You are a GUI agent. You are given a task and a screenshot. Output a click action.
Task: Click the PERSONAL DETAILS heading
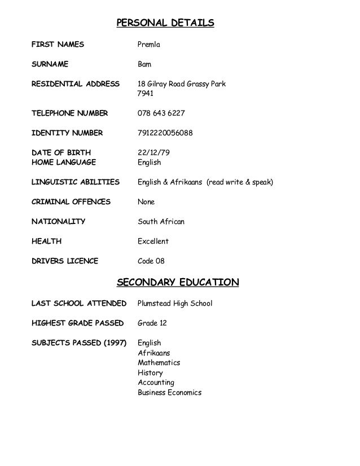165,23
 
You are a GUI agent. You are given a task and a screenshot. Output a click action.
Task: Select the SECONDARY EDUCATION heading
178,282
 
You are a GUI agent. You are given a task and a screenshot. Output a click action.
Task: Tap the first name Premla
151,43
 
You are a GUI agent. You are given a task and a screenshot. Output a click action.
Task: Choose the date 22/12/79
152,153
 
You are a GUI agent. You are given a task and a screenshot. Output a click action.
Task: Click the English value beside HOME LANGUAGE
150,162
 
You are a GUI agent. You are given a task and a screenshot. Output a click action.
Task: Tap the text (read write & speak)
240,182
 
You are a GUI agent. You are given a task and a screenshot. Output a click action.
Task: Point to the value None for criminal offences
146,202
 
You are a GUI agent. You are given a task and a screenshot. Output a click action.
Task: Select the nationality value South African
161,222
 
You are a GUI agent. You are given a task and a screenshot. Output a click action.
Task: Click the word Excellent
153,241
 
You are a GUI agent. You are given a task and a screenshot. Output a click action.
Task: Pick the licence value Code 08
151,261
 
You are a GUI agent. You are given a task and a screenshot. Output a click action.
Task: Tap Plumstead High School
175,304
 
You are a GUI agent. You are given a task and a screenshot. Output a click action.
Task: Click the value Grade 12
152,323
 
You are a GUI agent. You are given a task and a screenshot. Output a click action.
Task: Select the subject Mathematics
159,363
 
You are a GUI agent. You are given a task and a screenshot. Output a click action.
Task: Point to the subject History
150,373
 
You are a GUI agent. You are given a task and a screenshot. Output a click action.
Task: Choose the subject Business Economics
169,393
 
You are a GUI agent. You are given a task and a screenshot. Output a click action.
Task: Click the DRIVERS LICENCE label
64,261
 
